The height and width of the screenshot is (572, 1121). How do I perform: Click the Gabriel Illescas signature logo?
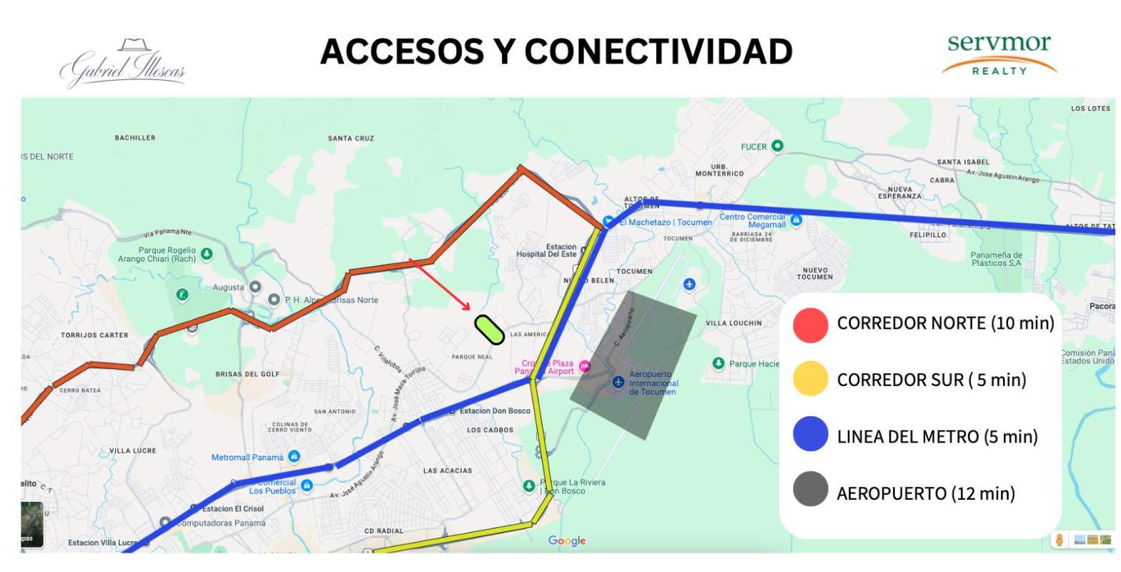pos(123,64)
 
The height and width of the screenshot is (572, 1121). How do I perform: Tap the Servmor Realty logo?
pos(999,54)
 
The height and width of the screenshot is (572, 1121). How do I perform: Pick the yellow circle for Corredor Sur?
pos(810,380)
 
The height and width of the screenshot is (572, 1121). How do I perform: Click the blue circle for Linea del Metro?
pos(810,435)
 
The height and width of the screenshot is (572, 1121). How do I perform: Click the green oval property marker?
pos(490,330)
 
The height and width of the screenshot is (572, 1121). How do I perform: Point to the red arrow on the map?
pos(440,285)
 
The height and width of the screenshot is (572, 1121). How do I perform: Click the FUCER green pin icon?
pos(777,146)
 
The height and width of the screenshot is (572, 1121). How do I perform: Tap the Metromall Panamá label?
pos(247,457)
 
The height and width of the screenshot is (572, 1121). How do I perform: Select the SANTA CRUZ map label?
pos(351,138)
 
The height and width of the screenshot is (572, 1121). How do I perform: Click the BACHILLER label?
pos(135,137)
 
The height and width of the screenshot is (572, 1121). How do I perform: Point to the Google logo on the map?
pos(567,541)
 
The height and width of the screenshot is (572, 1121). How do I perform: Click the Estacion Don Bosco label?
pos(495,410)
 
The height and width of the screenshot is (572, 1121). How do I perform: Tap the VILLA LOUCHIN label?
pos(734,323)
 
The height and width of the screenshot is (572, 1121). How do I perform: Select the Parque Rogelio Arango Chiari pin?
pos(207,253)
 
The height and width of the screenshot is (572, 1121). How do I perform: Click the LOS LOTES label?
pos(1090,109)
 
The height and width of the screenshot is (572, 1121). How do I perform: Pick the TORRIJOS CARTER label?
pos(94,335)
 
